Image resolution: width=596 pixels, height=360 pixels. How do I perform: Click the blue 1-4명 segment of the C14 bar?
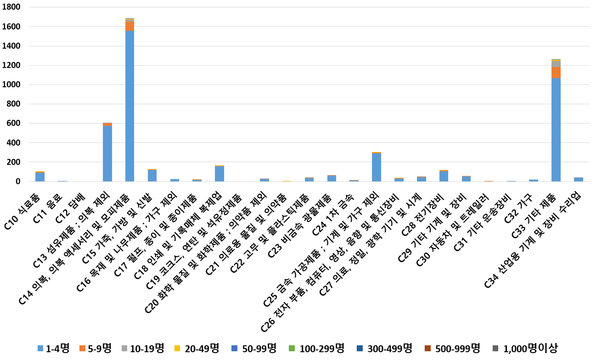[x=129, y=106]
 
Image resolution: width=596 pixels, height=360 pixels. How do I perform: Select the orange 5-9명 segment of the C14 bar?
[x=129, y=26]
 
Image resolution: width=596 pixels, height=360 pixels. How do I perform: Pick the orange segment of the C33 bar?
[x=556, y=73]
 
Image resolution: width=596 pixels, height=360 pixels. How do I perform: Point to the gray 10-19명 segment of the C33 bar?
[x=556, y=64]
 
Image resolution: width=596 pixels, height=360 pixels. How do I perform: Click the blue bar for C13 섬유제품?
[x=107, y=153]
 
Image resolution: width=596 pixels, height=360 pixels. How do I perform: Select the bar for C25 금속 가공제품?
[x=377, y=167]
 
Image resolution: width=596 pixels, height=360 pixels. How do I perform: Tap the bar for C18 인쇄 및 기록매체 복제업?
[x=219, y=174]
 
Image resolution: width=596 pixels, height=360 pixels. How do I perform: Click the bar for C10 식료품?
[x=40, y=177]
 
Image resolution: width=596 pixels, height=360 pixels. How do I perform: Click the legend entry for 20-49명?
[x=198, y=349]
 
